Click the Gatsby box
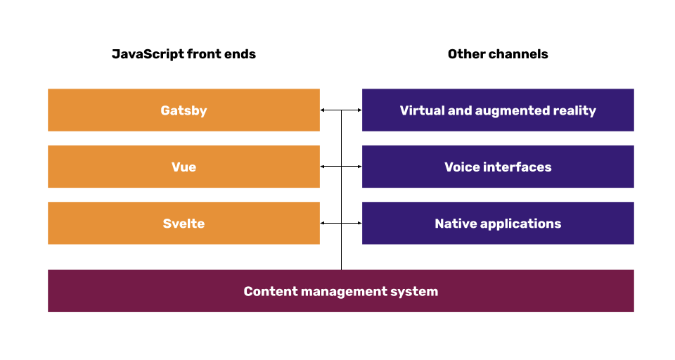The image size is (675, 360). tap(184, 110)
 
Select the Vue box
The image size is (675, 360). tap(184, 167)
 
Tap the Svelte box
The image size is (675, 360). tap(184, 224)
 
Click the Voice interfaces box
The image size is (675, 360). tap(498, 167)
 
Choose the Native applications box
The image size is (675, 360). tap(498, 224)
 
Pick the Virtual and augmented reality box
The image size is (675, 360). tap(498, 110)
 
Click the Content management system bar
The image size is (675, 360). tap(341, 291)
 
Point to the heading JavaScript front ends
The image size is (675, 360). tap(184, 54)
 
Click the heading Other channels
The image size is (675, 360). tap(498, 54)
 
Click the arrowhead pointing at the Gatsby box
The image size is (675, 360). tap(323, 110)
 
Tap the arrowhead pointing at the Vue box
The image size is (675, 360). tap(323, 167)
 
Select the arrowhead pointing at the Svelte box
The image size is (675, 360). tap(323, 224)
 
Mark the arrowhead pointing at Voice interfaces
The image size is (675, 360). tap(359, 167)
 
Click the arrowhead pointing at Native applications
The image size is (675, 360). tap(359, 224)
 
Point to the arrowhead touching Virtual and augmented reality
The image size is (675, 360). tap(359, 110)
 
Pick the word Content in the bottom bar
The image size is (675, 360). tap(266, 291)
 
